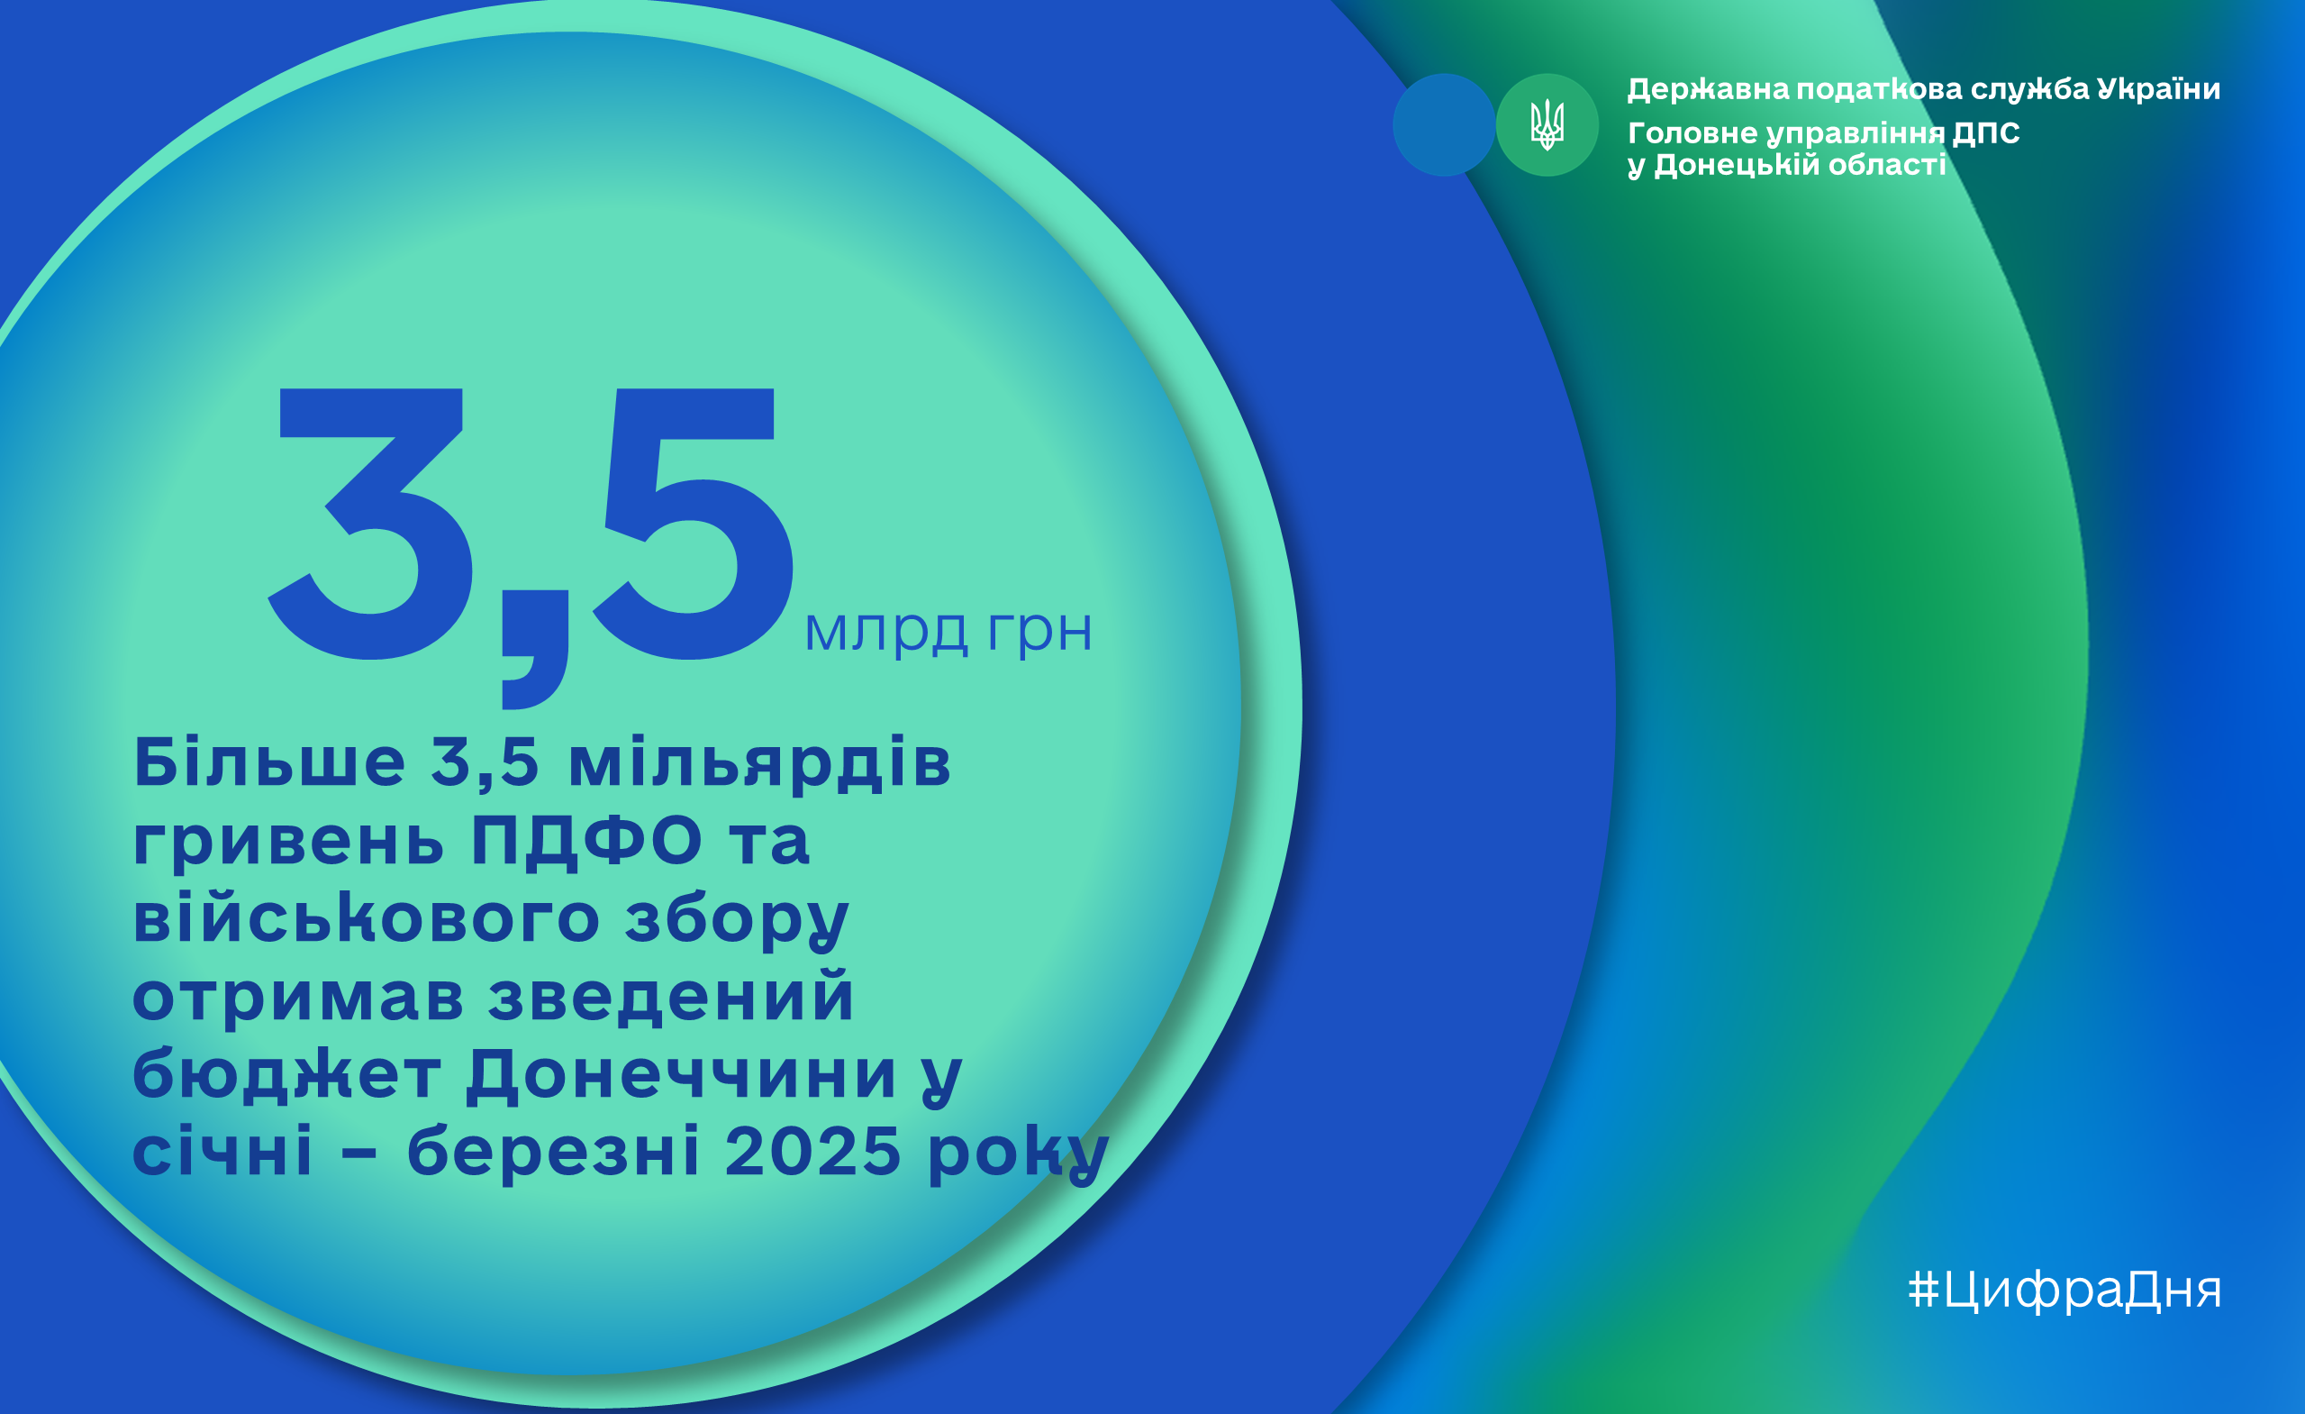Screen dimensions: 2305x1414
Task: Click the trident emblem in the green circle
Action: tap(1547, 124)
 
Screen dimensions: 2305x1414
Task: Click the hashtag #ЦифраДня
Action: tap(2065, 1290)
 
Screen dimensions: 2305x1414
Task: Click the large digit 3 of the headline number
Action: tap(370, 523)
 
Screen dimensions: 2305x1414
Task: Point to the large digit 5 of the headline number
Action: tap(694, 523)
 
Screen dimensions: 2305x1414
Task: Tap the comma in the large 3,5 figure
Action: tap(535, 650)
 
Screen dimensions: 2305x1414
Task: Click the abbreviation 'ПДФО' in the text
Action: tap(586, 839)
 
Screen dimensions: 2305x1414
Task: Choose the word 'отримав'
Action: tap(298, 997)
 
